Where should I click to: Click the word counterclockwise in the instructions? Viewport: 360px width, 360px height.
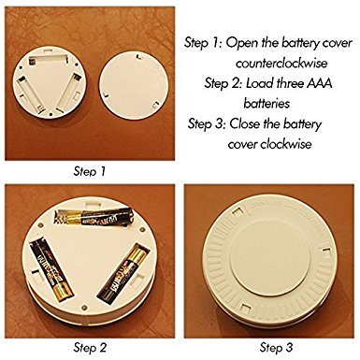281,64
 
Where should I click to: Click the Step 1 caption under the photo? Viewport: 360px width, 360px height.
90,171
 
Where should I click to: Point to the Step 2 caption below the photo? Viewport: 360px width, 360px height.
90,347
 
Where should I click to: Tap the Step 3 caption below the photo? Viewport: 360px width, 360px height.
276,347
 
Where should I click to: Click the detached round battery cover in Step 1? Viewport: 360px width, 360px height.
134,85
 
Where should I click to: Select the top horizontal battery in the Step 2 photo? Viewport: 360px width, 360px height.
94,216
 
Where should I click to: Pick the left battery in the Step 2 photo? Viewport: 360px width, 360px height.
51,268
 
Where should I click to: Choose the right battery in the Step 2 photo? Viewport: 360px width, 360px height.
123,274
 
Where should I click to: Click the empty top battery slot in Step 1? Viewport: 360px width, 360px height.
49,60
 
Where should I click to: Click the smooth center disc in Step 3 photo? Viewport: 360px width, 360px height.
269,260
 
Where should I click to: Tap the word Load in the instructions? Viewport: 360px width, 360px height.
259,83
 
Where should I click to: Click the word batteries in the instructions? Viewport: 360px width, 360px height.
266,104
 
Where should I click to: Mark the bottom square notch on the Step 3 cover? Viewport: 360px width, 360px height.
245,309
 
